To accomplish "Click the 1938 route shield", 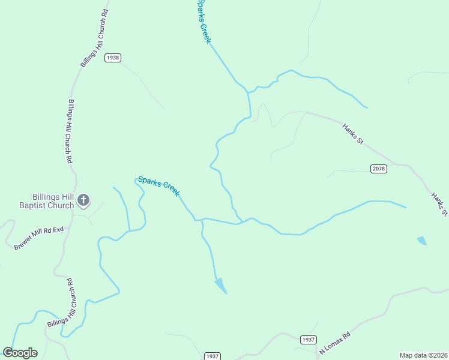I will (x=112, y=58).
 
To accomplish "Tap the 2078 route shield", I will (x=378, y=169).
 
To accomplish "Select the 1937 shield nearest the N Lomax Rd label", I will (x=308, y=340).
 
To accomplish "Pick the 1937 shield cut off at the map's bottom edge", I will (x=212, y=356).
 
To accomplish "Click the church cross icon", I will (x=83, y=200).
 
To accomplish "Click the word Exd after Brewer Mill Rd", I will (x=58, y=230).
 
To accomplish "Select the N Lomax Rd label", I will (x=334, y=341).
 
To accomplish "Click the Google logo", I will (x=20, y=353).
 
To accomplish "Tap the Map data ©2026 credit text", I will (x=423, y=355).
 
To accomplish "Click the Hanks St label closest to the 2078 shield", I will (x=353, y=134).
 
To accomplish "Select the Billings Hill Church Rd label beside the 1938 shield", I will (x=94, y=38).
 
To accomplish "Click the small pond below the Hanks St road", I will (x=422, y=241).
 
